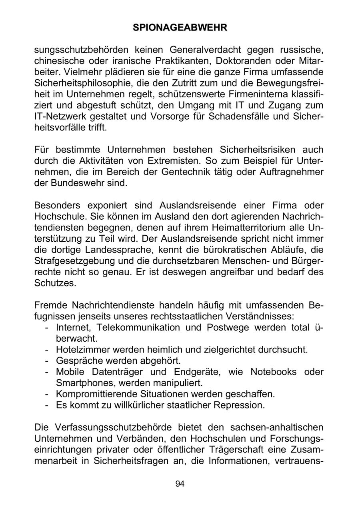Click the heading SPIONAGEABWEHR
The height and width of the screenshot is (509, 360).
click(x=180, y=28)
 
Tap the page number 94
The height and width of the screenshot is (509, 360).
click(x=180, y=484)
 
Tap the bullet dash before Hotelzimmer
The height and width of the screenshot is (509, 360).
click(x=47, y=349)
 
